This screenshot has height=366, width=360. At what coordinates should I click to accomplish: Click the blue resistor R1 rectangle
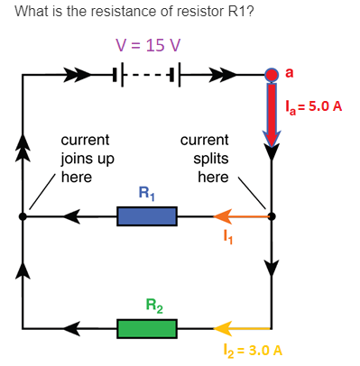pos(147,216)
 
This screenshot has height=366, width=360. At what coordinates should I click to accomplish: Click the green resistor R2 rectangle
pos(147,327)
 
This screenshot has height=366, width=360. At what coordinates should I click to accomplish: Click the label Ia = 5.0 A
pos(312,106)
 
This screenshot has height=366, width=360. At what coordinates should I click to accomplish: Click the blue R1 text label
pos(147,192)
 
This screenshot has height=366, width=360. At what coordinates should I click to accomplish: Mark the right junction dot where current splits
pos(272,216)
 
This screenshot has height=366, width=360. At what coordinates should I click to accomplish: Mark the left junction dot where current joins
pos(23,216)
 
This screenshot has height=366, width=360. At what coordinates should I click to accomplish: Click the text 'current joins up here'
pos(85,159)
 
